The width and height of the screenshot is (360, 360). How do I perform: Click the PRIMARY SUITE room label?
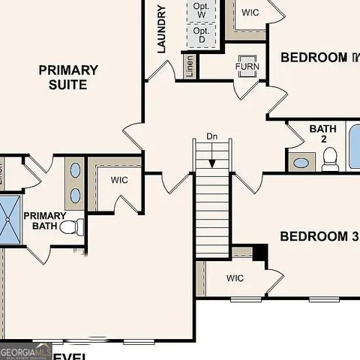point(68,77)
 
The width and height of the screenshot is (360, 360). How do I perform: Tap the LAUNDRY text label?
point(161,29)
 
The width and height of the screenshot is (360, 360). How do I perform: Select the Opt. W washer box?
point(201,10)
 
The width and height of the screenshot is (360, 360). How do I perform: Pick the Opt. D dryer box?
point(201,34)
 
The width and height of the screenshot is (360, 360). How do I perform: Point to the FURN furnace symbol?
point(247,66)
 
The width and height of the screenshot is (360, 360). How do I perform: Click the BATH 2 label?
point(323,133)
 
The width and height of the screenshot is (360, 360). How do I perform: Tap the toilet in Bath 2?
point(330,160)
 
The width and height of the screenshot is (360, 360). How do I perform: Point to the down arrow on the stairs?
point(212,158)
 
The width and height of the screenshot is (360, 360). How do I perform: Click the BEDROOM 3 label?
point(318,237)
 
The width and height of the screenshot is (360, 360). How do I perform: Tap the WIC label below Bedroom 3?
point(235,278)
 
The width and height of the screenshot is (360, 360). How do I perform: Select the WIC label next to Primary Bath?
point(120,180)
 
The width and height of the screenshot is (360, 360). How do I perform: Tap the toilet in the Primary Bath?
point(71,226)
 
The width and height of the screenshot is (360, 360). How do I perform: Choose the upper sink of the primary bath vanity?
point(75,169)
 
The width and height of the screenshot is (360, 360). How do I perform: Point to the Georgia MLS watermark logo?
point(25,351)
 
